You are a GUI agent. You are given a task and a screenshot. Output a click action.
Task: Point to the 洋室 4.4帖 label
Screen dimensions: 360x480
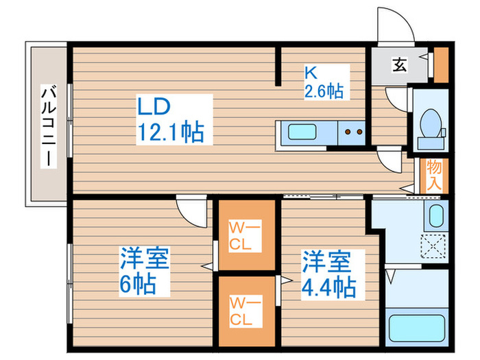tap(328, 274)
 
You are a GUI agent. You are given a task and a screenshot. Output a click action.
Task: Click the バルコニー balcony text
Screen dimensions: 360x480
tap(47, 124)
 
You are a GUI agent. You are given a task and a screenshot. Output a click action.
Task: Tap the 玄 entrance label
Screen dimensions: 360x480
tap(398, 65)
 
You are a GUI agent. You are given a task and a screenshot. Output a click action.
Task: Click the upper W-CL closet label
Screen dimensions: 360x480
tap(246, 234)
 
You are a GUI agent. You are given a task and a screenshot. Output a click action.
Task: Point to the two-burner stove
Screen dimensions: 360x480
tap(352, 131)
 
